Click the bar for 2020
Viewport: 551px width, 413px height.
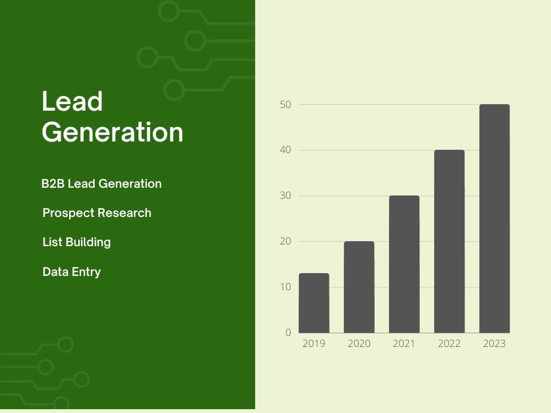[x=359, y=287]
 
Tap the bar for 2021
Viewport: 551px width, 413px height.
[x=404, y=264]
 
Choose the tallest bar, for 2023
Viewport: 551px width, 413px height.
[x=494, y=219]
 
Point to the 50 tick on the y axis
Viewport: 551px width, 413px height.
[x=286, y=104]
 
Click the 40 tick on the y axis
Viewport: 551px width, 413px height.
[x=286, y=150]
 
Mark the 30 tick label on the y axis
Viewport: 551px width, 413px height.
[x=286, y=195]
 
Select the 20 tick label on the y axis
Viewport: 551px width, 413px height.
[x=286, y=241]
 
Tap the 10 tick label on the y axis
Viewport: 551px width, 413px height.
[x=286, y=287]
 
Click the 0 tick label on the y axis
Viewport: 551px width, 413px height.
[x=288, y=333]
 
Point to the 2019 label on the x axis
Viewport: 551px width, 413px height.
[x=314, y=344]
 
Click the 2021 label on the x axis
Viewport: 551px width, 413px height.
[x=404, y=344]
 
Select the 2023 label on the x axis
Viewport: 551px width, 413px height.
[x=494, y=344]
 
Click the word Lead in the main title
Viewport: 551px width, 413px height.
[x=72, y=102]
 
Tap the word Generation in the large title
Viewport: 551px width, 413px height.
[x=112, y=133]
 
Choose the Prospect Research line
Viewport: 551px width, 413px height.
[x=97, y=213]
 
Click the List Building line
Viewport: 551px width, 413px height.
[x=77, y=242]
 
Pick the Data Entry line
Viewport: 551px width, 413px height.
[x=72, y=271]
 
